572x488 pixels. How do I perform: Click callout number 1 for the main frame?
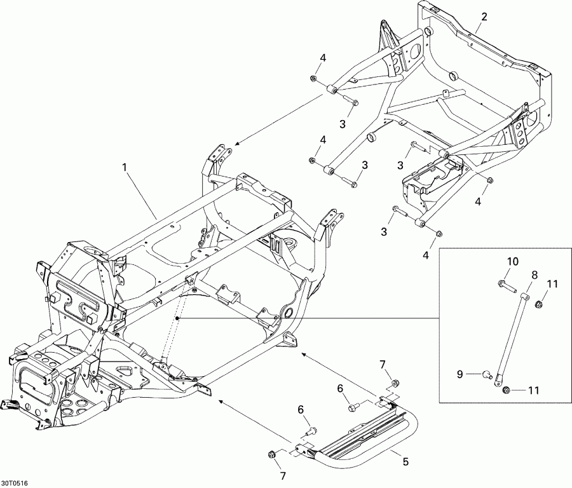(x=125, y=167)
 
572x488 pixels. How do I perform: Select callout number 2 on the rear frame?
(x=484, y=17)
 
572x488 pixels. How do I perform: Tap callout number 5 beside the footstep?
(x=405, y=462)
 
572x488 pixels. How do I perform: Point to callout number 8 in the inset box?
(x=534, y=274)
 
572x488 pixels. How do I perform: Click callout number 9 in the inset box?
(x=460, y=374)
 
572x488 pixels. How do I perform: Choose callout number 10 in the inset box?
(x=512, y=262)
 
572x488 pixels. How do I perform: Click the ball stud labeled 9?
(x=487, y=374)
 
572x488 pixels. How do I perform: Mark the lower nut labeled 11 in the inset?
(x=506, y=391)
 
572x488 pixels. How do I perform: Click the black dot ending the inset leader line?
(x=177, y=318)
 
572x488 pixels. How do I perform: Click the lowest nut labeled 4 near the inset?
(x=439, y=233)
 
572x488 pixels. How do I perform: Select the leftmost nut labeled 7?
(x=271, y=454)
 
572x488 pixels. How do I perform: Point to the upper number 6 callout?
(x=340, y=389)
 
